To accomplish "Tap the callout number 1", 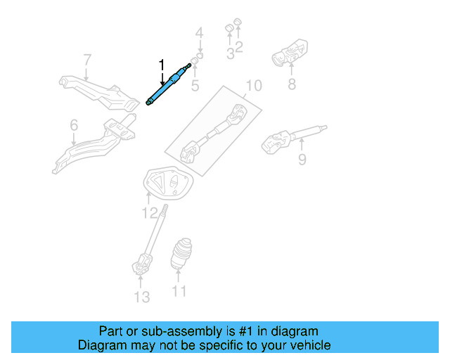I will [162, 65].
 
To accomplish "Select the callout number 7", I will [87, 59].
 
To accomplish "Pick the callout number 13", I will [142, 297].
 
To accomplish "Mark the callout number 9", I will [302, 160].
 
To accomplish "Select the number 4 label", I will [199, 32].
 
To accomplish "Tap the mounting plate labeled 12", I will [169, 185].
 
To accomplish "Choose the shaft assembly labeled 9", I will [292, 137].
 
